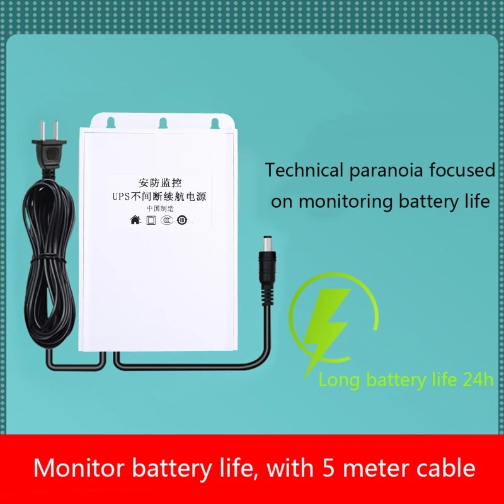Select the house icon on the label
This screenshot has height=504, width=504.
click(135, 220)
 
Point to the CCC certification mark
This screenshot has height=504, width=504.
click(166, 220)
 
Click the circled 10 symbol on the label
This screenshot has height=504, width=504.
click(182, 220)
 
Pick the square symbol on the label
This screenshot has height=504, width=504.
click(151, 220)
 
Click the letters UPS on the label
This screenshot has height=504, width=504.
click(122, 196)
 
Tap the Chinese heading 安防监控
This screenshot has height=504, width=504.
click(160, 183)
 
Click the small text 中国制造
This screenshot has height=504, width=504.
click(160, 209)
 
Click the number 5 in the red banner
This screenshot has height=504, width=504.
click(328, 468)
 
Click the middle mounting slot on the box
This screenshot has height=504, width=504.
click(163, 123)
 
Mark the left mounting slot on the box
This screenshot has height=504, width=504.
click(111, 122)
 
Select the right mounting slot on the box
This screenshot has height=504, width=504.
click(215, 123)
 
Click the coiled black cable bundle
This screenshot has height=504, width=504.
click(50, 263)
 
